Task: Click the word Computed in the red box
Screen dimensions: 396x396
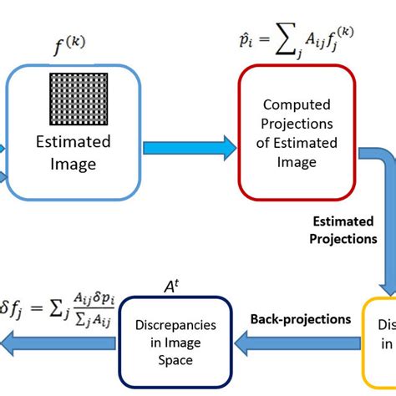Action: click(297, 105)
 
